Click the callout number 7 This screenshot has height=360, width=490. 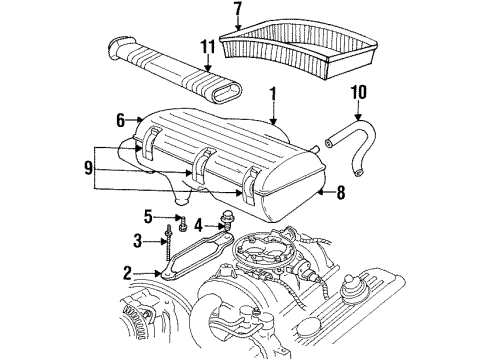click(238, 12)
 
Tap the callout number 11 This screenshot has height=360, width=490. click(208, 47)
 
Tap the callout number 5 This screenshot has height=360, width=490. click(148, 215)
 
